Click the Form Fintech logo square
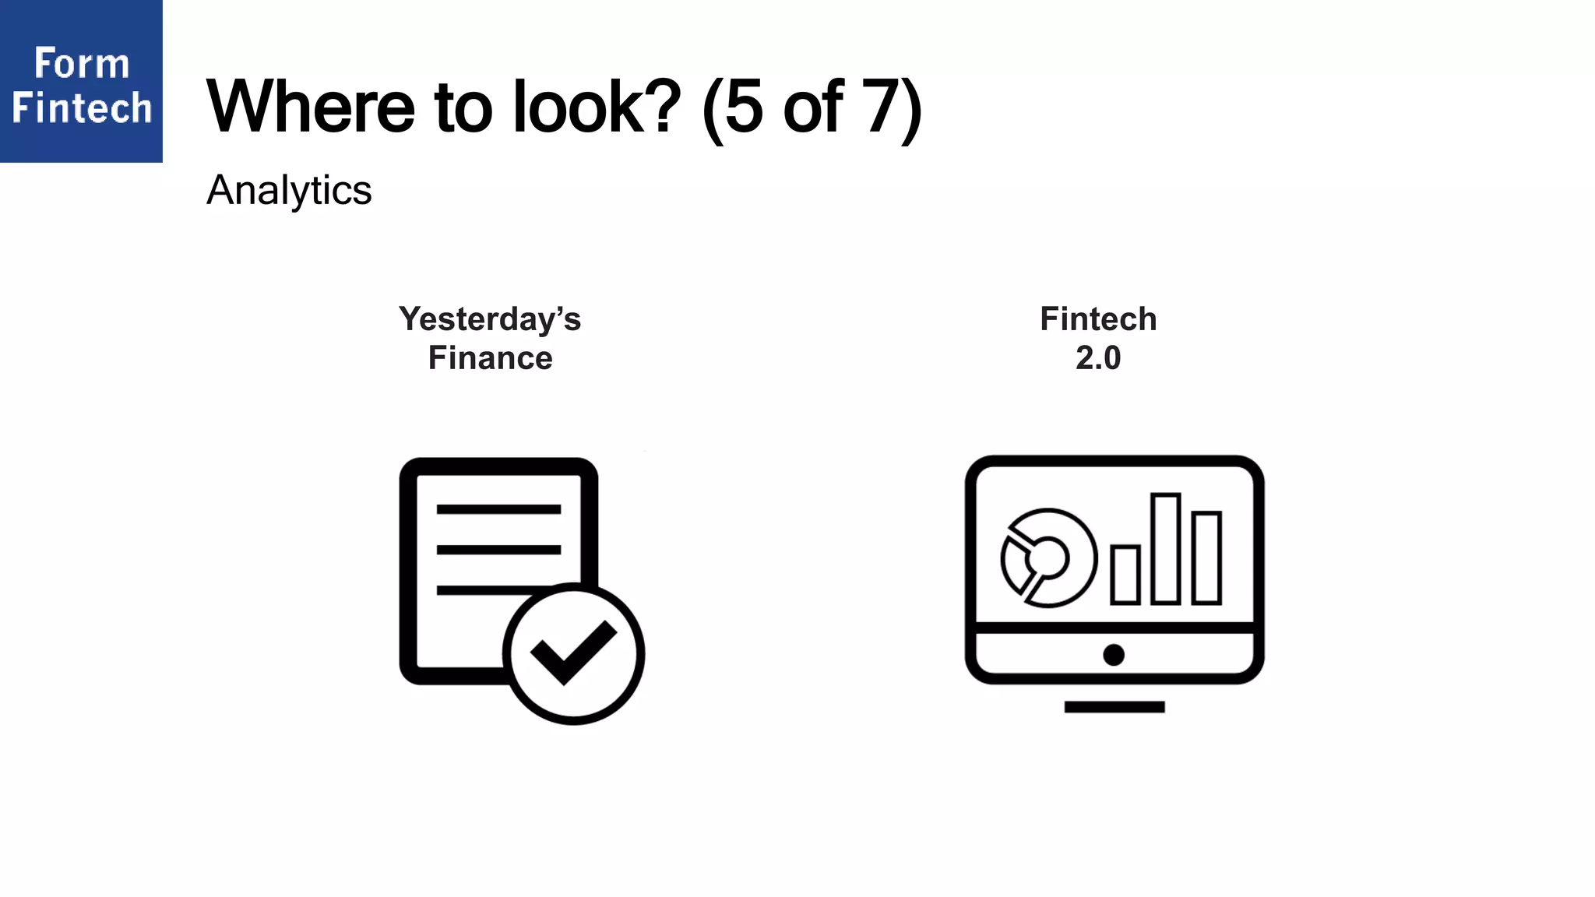[81, 81]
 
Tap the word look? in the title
[597, 107]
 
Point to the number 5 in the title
[744, 107]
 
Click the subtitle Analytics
[289, 190]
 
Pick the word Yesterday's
[490, 319]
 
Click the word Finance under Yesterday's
[490, 358]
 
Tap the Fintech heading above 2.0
[1098, 319]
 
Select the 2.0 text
[1098, 358]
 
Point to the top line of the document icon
[498, 509]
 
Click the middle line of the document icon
[498, 550]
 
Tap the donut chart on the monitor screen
[1048, 558]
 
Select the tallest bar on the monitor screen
[1166, 548]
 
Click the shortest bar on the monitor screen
[1125, 575]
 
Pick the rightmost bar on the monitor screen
[1206, 558]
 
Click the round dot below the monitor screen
[1114, 655]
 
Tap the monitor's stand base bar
[1114, 707]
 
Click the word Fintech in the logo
[81, 107]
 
